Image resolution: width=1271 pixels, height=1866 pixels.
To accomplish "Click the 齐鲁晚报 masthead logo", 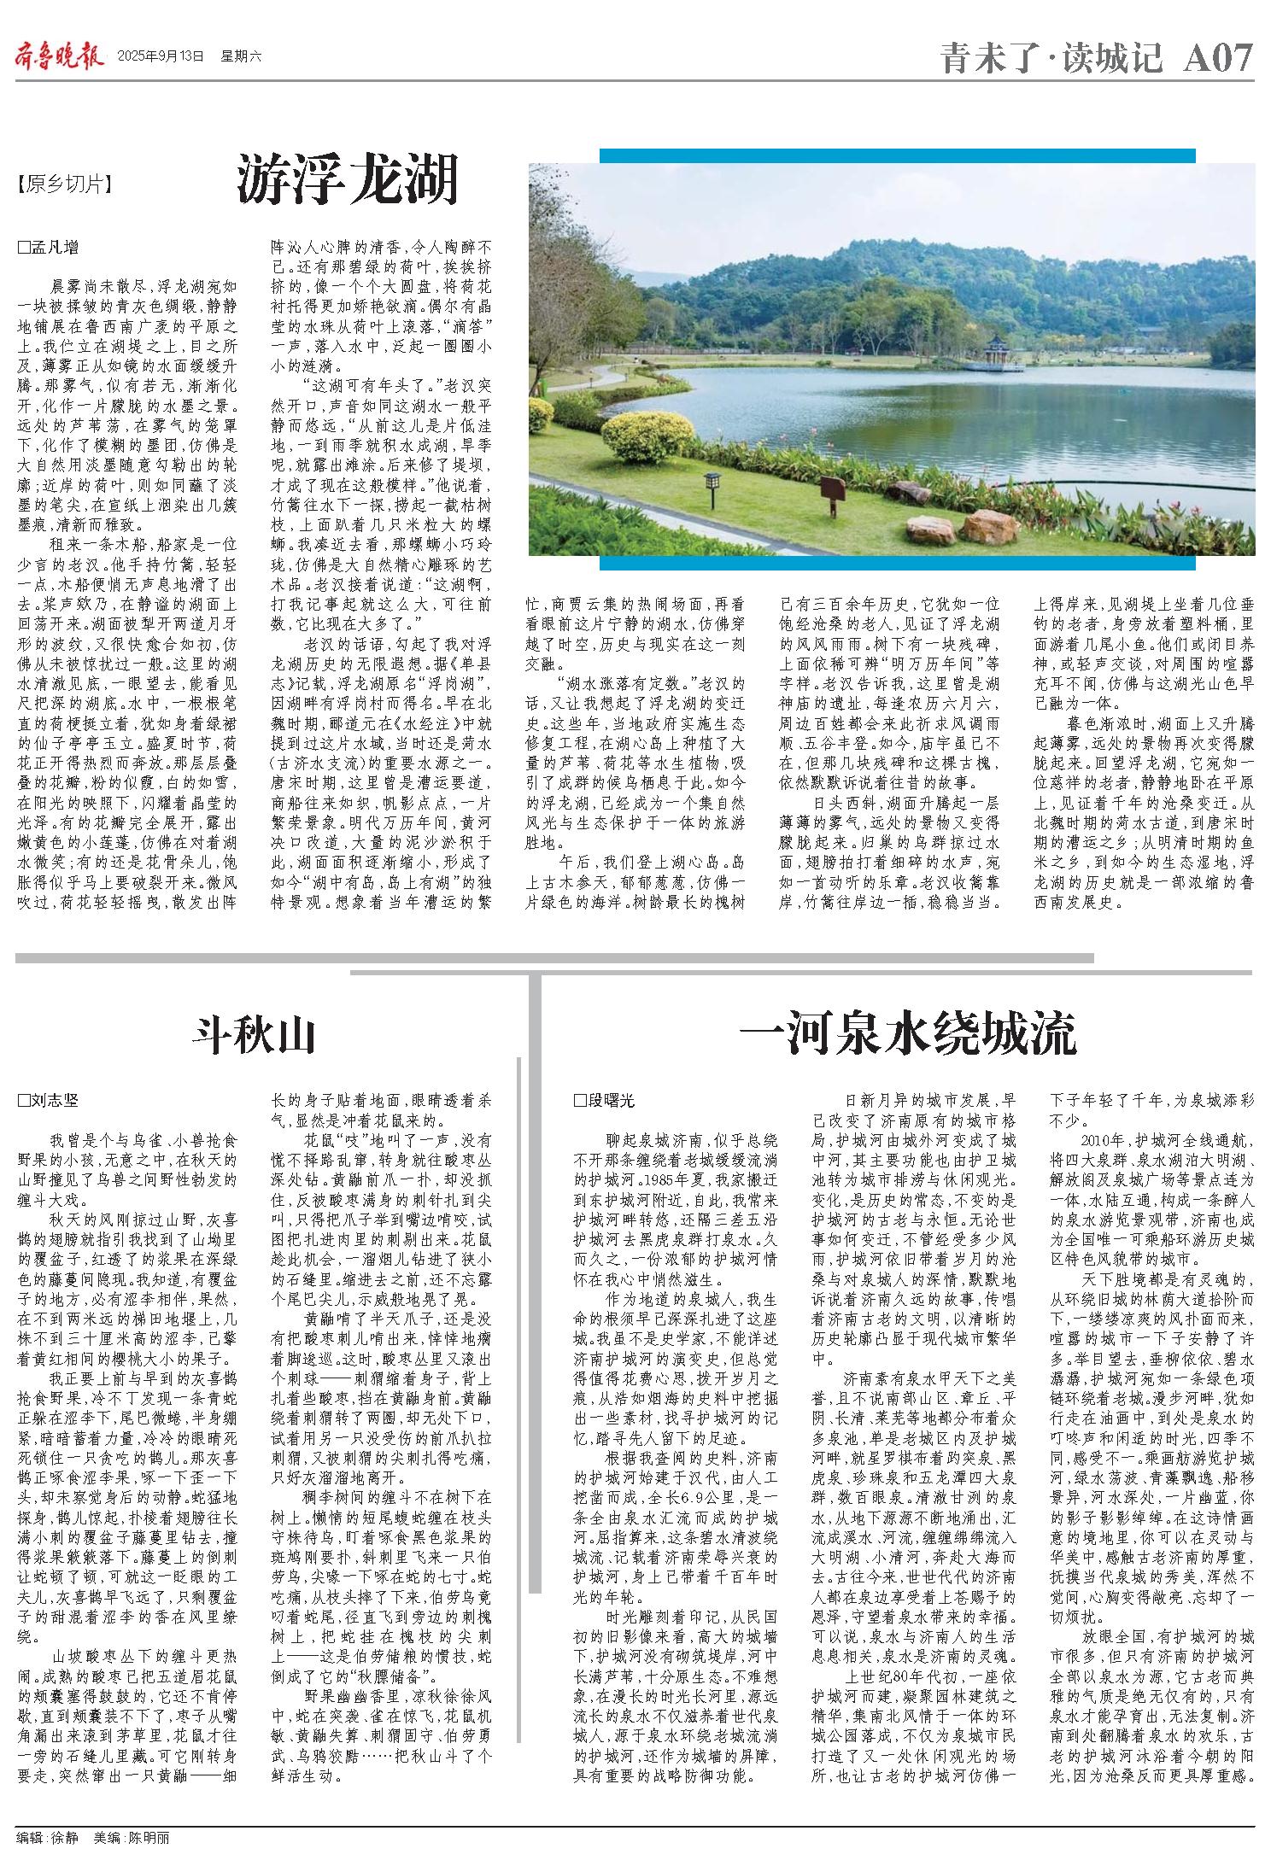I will coord(58,56).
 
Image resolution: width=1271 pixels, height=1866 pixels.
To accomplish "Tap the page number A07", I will coord(1218,58).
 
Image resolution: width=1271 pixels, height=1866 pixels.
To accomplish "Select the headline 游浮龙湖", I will coord(348,178).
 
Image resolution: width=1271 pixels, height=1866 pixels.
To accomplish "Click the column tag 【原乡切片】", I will coord(64,184).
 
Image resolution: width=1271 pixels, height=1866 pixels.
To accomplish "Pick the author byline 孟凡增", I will coord(49,249).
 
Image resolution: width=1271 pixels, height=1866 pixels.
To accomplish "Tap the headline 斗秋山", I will coord(254,1036).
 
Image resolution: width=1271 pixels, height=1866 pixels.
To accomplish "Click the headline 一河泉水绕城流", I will coord(907,1035).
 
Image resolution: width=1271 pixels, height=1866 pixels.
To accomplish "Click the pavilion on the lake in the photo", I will coord(996,351).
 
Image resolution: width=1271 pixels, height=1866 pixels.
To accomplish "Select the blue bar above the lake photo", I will coord(897,155).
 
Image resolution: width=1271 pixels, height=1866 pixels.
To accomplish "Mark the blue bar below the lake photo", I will coord(897,563).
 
